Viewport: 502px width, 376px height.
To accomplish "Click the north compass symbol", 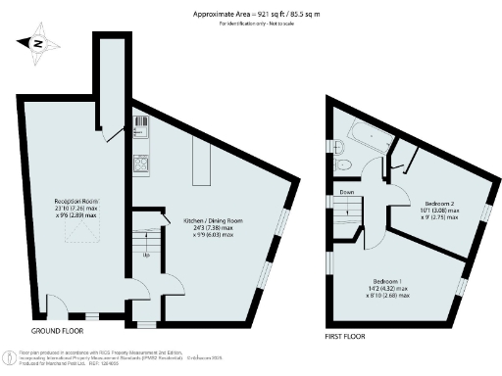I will coord(36,43).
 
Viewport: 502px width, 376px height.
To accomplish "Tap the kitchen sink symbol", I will coord(141,127).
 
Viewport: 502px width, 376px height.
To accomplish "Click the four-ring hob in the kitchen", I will coord(141,162).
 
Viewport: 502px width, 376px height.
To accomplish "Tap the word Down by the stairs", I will coord(347,192).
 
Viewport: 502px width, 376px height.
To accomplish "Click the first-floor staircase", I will coord(350,211).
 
